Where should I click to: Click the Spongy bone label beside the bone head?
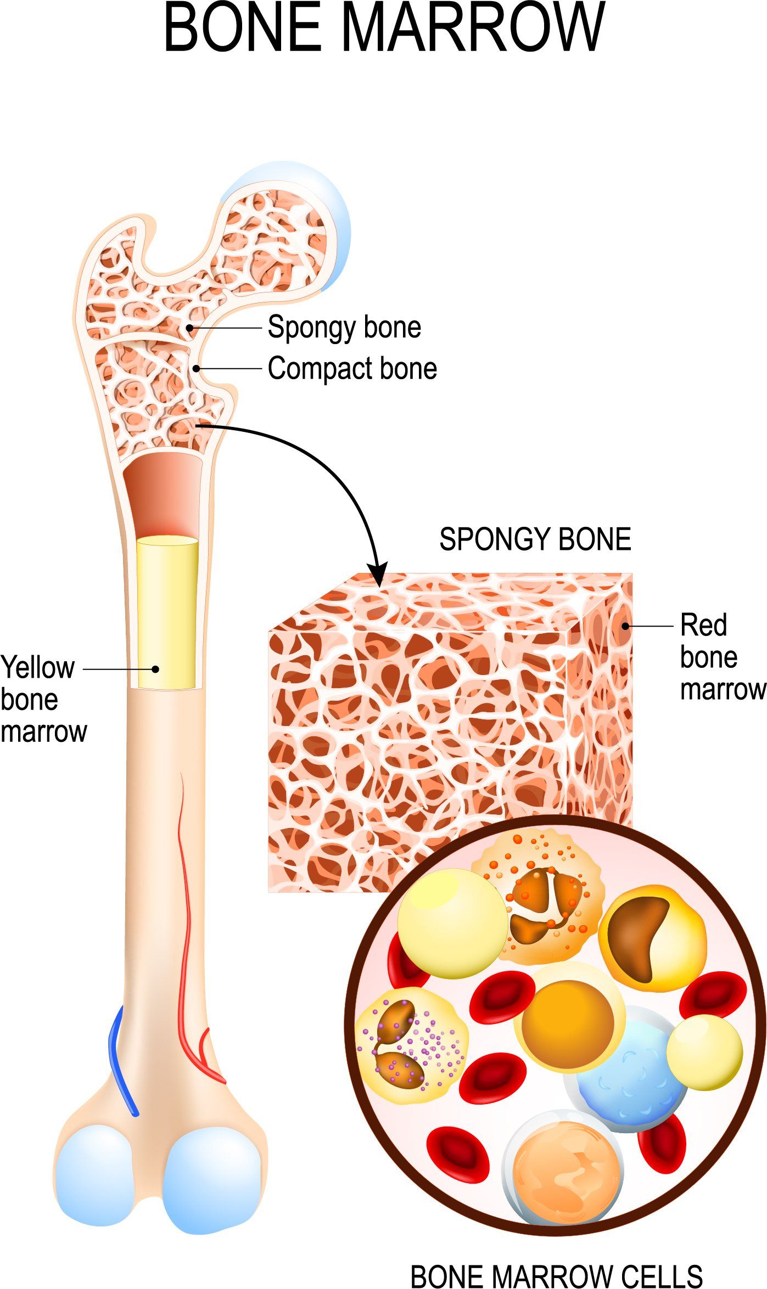pyautogui.click(x=344, y=328)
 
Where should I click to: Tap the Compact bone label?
pyautogui.click(x=352, y=368)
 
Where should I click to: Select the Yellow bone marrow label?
pyautogui.click(x=43, y=699)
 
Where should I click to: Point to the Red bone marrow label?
pyautogui.click(x=723, y=657)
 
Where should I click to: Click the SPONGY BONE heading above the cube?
pyautogui.click(x=535, y=539)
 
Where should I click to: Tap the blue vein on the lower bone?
pyautogui.click(x=122, y=1062)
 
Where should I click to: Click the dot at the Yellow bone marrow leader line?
pyautogui.click(x=155, y=669)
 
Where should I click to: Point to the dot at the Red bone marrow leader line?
pyautogui.click(x=625, y=626)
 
